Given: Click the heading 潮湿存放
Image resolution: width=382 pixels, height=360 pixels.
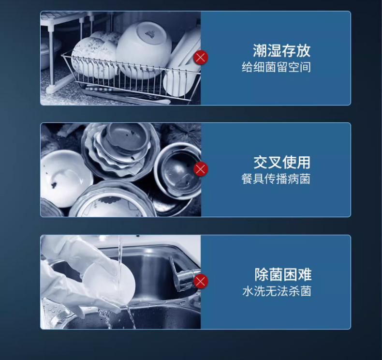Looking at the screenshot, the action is (x=281, y=50).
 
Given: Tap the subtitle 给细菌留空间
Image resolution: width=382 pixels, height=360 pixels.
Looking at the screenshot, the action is (x=276, y=67).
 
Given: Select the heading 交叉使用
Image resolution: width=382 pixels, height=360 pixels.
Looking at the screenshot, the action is (x=282, y=162).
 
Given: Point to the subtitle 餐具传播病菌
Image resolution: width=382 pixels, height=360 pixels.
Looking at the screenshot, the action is (x=276, y=179).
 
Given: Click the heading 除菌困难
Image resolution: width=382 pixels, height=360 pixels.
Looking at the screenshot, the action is (x=283, y=274).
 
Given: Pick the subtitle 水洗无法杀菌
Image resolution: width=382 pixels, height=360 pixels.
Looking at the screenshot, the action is (x=277, y=291).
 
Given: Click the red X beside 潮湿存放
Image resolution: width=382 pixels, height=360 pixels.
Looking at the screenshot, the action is (x=201, y=58).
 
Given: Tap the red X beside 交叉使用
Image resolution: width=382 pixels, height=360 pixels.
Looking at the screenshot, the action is (x=201, y=169).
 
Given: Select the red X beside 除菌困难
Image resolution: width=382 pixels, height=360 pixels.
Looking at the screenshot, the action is (x=201, y=281).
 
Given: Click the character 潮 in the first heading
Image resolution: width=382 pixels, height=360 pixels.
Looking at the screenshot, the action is (x=260, y=50).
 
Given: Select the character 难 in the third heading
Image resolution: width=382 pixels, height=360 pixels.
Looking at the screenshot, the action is (x=305, y=274).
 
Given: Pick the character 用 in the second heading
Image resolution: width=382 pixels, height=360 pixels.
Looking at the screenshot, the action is (x=304, y=162).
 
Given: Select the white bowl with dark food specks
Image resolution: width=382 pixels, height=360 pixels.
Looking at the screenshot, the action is (x=65, y=178).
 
